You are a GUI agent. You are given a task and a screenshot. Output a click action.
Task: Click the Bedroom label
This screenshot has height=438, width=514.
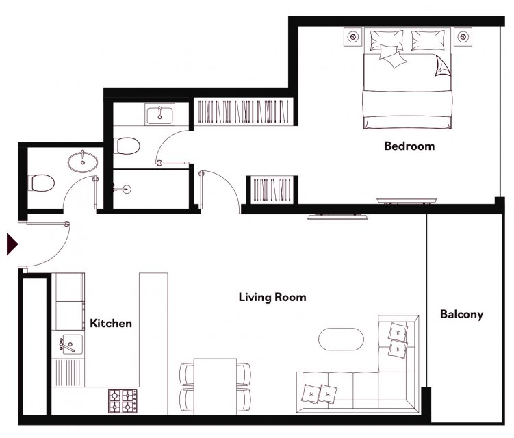[409, 146]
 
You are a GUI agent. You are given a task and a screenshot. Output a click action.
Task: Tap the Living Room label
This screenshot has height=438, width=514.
[272, 297]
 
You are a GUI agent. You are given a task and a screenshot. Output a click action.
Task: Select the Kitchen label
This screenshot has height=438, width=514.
[111, 323]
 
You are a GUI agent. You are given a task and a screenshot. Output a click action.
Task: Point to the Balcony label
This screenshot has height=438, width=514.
[461, 314]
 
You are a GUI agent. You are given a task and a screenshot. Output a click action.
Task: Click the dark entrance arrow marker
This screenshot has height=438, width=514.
[12, 244]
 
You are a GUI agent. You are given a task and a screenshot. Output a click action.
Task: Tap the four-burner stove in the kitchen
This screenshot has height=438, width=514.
[123, 401]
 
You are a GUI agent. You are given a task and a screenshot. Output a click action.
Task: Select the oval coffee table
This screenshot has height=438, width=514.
[341, 339]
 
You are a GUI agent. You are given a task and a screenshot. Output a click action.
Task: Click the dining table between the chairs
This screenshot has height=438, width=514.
[215, 387]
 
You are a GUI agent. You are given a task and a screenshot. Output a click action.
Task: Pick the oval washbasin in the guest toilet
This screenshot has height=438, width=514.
[83, 162]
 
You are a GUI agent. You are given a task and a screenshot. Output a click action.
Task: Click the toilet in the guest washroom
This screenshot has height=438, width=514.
[41, 183]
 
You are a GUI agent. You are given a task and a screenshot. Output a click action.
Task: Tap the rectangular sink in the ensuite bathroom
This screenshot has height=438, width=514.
[159, 114]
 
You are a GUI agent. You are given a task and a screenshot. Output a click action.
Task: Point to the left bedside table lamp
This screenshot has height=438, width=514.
[353, 37]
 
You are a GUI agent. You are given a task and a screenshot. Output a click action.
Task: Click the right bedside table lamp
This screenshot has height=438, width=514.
[463, 37]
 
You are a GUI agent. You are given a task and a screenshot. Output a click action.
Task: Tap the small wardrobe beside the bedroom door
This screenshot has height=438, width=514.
[272, 190]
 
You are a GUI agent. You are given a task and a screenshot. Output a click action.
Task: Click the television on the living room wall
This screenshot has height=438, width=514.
[337, 216]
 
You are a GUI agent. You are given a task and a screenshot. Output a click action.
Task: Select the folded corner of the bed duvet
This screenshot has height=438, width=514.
[443, 66]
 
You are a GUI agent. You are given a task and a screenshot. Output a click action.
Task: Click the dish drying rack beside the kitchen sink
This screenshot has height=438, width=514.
[68, 372]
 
